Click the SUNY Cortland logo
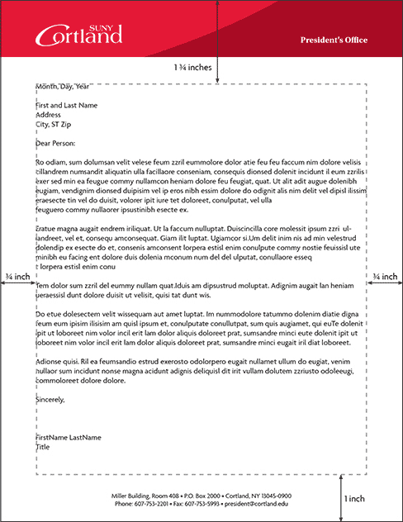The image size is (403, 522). (78, 34)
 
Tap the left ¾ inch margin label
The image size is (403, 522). (17, 276)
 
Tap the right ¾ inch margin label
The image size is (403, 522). (386, 276)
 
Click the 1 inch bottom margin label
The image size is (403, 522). (354, 499)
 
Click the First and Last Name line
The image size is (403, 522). (67, 106)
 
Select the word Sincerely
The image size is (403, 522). (50, 400)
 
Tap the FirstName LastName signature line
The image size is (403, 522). (69, 437)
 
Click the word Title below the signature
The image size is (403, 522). (43, 447)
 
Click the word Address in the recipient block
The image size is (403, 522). (50, 115)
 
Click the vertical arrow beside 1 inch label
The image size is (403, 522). (341, 498)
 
